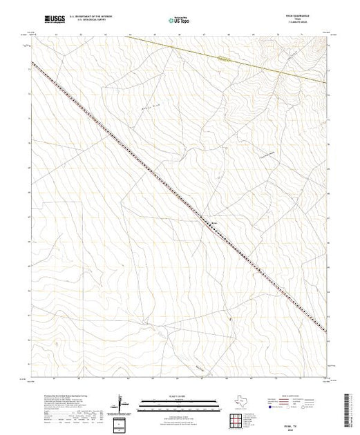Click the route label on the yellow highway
click(222, 59)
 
